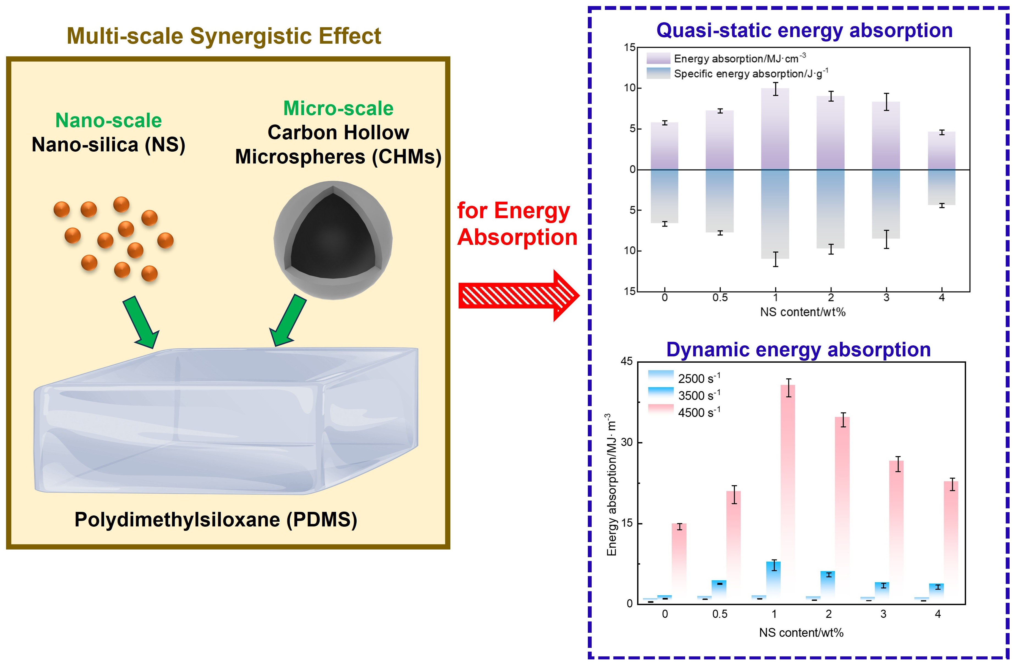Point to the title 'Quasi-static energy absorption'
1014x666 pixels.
[804, 31]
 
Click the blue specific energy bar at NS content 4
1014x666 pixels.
[942, 187]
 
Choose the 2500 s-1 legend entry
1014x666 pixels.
[684, 378]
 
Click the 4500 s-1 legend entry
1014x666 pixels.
[684, 412]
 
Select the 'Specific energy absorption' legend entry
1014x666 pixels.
[737, 74]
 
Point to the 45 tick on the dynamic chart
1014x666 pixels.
[627, 362]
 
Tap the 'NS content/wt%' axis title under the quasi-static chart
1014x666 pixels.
[803, 312]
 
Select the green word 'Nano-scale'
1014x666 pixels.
[109, 121]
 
